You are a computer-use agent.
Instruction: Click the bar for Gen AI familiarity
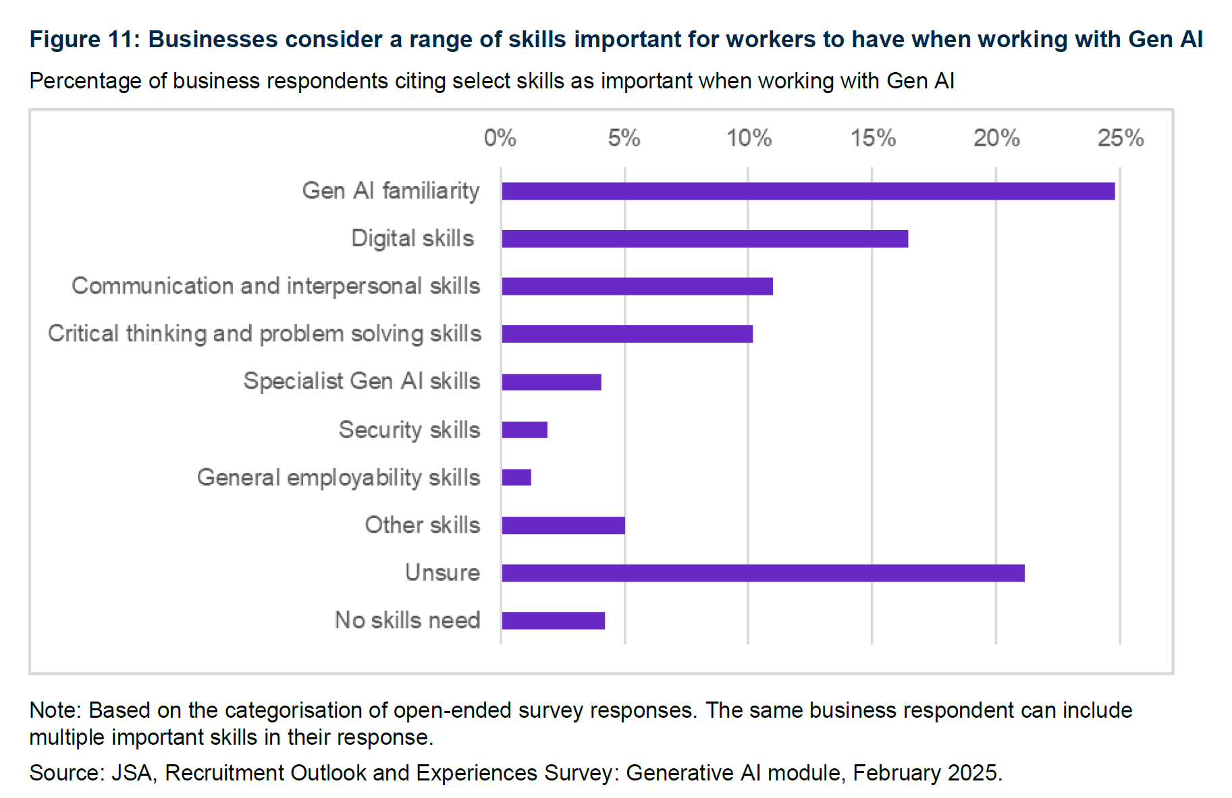808,191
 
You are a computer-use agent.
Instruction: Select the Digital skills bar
705,239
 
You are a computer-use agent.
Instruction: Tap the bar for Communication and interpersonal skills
637,287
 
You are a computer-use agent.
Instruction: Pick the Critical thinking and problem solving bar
627,334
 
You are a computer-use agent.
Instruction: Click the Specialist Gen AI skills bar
552,382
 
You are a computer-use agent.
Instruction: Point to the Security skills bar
525,430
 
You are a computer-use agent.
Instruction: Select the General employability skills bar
516,478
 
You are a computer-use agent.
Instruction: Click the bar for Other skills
564,525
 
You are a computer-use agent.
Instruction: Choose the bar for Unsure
763,573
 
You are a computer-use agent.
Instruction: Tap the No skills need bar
554,621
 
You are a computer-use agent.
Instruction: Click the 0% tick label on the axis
500,138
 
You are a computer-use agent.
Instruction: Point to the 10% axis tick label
749,138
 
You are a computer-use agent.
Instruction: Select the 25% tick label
1121,138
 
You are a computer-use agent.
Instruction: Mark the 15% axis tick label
873,138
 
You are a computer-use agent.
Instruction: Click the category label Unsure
442,573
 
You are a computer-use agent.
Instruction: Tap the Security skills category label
409,430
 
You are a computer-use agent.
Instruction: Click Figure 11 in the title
84,39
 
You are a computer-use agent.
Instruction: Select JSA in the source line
132,773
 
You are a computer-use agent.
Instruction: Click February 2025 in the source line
926,773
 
